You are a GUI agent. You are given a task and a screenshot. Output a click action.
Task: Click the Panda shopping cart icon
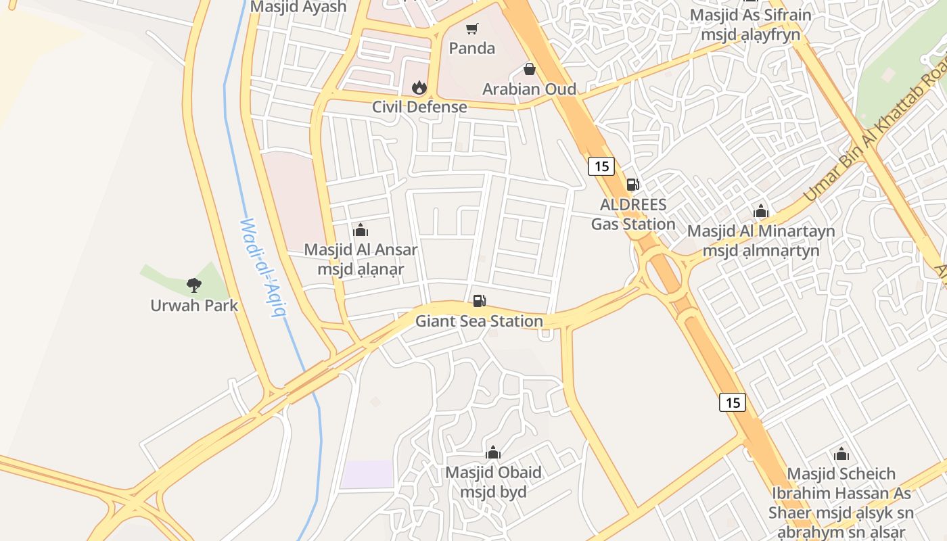click(472, 29)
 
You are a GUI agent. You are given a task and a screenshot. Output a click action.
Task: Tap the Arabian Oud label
click(529, 89)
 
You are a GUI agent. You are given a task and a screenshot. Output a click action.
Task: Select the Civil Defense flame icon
click(419, 87)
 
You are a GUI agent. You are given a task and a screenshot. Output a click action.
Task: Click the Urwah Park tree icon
click(194, 285)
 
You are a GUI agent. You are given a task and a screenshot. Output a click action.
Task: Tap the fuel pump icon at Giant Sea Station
click(479, 301)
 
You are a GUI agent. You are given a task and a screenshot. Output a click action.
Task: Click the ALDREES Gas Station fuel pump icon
click(633, 184)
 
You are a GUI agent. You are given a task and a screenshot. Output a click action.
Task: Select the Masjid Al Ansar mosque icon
click(361, 230)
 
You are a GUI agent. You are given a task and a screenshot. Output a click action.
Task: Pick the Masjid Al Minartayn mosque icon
click(761, 211)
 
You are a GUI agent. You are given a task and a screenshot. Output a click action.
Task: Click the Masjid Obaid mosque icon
click(493, 452)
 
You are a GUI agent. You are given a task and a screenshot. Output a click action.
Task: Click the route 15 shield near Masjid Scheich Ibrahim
click(732, 402)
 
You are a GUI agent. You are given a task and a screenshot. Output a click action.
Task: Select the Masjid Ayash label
click(298, 7)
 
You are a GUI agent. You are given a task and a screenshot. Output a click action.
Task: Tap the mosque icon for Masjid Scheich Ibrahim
click(841, 454)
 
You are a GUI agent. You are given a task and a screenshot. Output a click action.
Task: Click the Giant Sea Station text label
click(479, 321)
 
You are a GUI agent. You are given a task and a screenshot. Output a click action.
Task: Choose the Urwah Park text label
click(194, 306)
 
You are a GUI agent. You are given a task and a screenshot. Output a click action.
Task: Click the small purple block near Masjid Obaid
click(367, 474)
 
